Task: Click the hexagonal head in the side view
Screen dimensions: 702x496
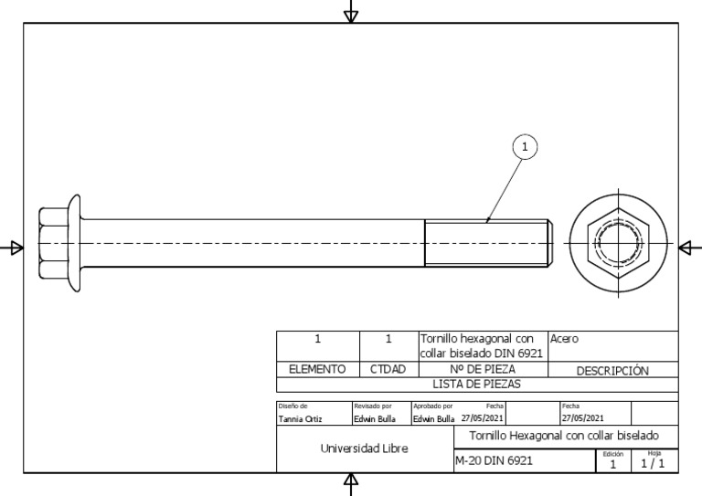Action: tap(53, 243)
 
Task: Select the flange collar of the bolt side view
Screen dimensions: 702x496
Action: tap(75, 243)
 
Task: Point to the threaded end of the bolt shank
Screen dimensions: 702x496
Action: tap(488, 243)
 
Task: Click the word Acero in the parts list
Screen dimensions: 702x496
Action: tap(564, 339)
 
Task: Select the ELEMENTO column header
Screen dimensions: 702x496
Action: tap(317, 369)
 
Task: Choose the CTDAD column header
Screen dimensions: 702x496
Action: tap(388, 369)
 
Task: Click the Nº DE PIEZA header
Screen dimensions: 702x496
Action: tap(483, 369)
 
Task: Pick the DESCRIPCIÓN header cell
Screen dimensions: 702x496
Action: tap(612, 371)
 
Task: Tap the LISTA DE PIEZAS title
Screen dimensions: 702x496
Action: tap(477, 385)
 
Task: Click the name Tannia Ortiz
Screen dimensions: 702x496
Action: tap(300, 419)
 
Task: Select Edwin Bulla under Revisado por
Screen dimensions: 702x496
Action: tap(375, 419)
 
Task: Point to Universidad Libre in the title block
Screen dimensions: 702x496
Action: tap(365, 449)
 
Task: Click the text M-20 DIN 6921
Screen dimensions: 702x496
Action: tap(494, 460)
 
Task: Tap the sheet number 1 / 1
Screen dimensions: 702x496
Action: tap(653, 463)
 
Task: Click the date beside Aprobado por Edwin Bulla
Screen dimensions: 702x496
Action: tap(483, 418)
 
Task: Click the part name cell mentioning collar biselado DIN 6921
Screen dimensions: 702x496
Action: tap(482, 345)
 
